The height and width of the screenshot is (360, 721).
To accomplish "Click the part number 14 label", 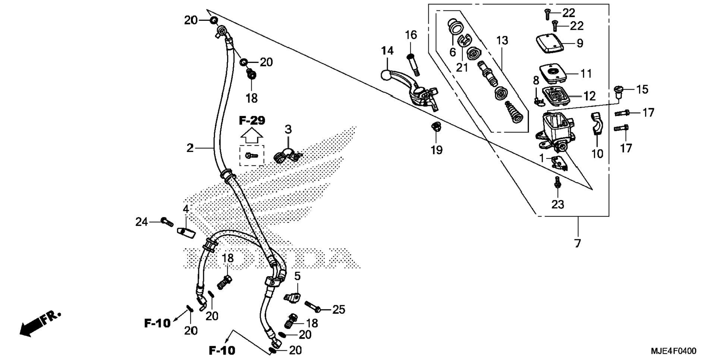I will point(387,51).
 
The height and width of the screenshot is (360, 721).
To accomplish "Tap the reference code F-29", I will point(252,121).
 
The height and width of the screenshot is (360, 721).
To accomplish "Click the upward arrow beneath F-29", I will point(252,136).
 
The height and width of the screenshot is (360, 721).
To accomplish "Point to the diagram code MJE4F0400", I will point(673,351).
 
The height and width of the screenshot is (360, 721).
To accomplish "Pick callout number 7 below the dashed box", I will point(577,244).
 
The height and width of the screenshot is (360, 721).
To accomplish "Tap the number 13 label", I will point(502,41).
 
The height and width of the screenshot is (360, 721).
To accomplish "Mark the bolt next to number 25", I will point(313,306).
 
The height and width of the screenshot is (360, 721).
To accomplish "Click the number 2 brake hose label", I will point(190,148).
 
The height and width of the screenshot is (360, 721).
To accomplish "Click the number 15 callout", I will point(642,89).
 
